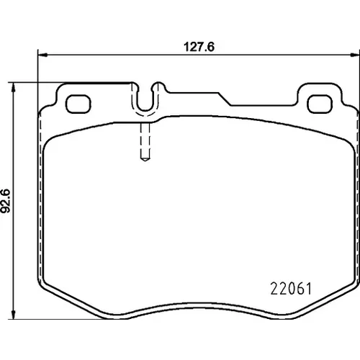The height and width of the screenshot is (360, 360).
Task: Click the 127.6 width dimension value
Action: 199,47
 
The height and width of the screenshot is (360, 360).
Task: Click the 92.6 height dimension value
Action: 5,201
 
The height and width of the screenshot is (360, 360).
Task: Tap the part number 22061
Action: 291,289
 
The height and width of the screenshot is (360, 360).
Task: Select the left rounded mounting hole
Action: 78,104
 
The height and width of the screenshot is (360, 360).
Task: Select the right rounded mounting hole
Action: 320,104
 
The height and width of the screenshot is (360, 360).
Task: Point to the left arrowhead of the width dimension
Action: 42,55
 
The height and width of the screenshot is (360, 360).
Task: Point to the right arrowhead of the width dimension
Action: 355,55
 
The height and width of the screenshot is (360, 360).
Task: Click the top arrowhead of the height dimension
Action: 14,87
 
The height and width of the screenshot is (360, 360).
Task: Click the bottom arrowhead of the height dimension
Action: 14,315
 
